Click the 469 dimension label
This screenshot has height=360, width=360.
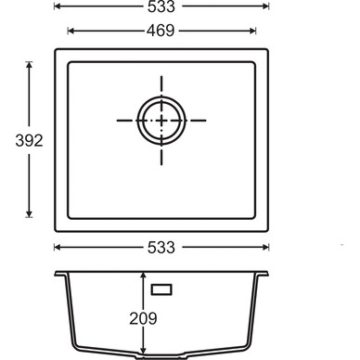[x=161, y=31]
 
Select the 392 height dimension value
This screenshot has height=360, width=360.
[x=29, y=141]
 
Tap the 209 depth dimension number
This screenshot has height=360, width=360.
[x=143, y=318]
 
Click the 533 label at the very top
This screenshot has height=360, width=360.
[x=161, y=6]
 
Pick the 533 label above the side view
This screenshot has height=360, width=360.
[x=161, y=248]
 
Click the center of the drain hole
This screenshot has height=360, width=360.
[x=161, y=121]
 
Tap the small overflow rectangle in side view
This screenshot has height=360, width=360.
[x=161, y=289]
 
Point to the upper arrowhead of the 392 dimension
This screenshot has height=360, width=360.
[x=29, y=65]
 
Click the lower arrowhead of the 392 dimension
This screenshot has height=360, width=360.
[x=29, y=213]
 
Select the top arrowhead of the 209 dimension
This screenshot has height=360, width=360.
[x=143, y=276]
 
